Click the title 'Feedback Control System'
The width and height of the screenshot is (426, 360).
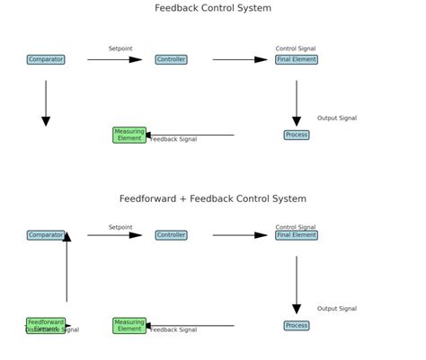pyautogui.click(x=213, y=8)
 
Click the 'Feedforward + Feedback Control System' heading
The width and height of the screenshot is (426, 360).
pyautogui.click(x=213, y=198)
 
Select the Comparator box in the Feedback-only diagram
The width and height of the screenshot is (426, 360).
pyautogui.click(x=46, y=60)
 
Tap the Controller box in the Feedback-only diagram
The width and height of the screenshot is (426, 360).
pyautogui.click(x=171, y=60)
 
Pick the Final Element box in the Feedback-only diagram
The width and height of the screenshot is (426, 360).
pyautogui.click(x=297, y=60)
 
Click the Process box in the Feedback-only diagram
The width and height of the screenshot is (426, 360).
pyautogui.click(x=297, y=136)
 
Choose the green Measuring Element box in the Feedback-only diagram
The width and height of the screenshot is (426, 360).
pyautogui.click(x=129, y=135)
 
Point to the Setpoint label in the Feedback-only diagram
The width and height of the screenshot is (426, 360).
pyautogui.click(x=120, y=48)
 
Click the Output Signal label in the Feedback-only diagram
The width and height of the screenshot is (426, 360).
pyautogui.click(x=337, y=119)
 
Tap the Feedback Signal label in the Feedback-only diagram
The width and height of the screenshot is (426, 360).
pyautogui.click(x=173, y=140)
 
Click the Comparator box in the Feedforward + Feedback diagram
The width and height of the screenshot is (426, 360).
pyautogui.click(x=46, y=235)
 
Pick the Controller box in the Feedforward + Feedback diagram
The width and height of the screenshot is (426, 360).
pyautogui.click(x=171, y=235)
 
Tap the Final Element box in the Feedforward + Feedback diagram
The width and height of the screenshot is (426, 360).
pyautogui.click(x=297, y=235)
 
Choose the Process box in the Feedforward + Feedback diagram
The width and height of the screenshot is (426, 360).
pyautogui.click(x=297, y=326)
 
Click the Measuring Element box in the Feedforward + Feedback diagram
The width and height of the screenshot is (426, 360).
pyautogui.click(x=129, y=325)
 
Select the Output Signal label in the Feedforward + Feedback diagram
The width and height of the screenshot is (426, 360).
pyautogui.click(x=337, y=309)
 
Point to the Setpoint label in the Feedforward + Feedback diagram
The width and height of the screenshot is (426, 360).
pyautogui.click(x=120, y=227)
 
